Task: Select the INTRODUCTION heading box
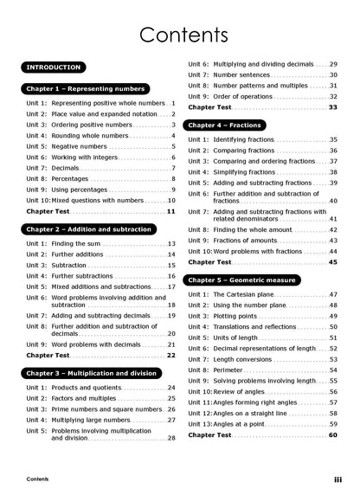click(x=55, y=67)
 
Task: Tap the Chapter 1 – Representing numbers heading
click(x=87, y=89)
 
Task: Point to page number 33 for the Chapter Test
click(x=332, y=107)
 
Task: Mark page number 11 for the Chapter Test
click(x=170, y=211)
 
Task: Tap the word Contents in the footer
click(x=37, y=479)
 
